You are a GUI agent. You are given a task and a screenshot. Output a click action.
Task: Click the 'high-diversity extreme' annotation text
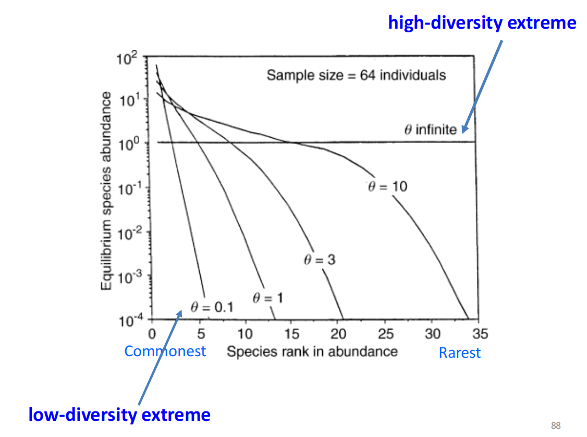point(482,22)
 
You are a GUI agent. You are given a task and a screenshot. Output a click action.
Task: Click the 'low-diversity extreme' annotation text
point(119,415)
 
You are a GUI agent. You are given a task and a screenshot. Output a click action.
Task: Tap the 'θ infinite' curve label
point(430,129)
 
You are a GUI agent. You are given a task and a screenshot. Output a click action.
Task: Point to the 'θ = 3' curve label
point(319,259)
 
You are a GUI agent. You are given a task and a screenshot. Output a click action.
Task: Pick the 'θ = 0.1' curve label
point(212,307)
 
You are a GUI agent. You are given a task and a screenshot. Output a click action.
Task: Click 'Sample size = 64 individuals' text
point(357,75)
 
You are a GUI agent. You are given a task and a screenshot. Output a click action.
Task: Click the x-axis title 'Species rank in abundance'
point(312,351)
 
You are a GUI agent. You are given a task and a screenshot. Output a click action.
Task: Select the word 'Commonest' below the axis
point(165,351)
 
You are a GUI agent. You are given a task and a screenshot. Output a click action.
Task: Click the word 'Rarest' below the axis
point(459,353)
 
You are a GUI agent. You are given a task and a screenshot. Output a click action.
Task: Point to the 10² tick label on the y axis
point(126,58)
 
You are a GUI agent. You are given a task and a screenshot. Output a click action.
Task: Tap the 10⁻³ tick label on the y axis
point(125,277)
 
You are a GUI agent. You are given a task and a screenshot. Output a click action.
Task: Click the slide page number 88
point(556,426)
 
